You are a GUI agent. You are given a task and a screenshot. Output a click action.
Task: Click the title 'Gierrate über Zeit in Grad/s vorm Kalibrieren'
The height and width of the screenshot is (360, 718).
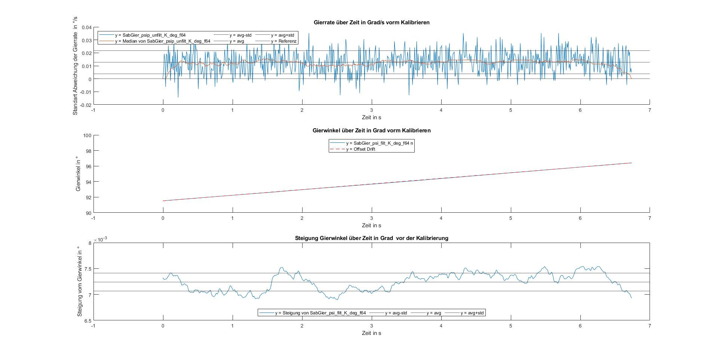371,22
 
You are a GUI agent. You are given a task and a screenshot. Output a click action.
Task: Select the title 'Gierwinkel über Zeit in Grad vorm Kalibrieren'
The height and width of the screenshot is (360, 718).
371,130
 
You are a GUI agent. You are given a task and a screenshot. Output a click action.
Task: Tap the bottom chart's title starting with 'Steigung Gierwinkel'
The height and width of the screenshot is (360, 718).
371,238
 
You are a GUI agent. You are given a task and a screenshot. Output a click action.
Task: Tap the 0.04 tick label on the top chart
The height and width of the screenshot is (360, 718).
87,27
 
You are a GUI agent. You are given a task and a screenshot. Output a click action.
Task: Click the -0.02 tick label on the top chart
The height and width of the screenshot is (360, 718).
86,105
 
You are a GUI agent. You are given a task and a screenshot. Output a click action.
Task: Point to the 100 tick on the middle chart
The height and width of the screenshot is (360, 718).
87,135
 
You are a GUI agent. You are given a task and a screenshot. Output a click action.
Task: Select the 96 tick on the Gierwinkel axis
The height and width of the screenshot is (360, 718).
88,166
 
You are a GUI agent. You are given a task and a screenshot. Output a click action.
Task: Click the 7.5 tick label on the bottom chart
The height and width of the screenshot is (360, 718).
88,269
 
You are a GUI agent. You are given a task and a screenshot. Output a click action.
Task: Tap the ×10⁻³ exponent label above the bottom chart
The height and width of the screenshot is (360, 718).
100,239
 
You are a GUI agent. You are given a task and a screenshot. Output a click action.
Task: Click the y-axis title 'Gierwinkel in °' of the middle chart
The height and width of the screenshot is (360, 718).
78,174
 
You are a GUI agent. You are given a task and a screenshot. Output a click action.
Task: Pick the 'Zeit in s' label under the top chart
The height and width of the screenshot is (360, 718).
371,117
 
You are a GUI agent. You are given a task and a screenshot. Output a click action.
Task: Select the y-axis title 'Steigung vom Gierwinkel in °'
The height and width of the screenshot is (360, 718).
80,281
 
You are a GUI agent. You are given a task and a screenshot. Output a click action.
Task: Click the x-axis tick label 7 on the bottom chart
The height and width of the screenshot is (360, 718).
650,326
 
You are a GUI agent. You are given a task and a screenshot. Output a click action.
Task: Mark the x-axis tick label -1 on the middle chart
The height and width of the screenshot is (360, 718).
93,218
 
